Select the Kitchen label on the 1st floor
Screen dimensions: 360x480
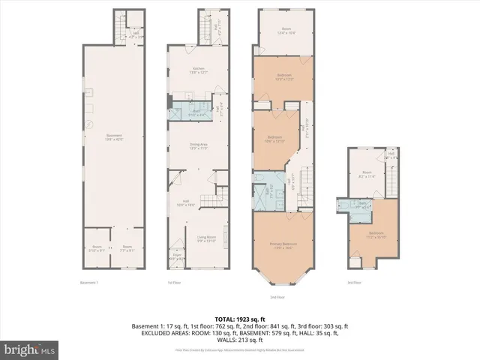coord(196,71)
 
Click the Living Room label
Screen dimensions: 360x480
coord(206,239)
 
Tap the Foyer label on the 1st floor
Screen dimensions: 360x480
coord(178,256)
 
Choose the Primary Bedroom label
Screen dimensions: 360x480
coord(286,246)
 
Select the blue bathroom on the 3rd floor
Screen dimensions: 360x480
coord(363,204)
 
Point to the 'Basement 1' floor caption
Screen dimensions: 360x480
coord(90,283)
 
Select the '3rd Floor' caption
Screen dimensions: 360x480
coord(354,283)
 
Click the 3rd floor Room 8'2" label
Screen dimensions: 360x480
coord(367,174)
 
